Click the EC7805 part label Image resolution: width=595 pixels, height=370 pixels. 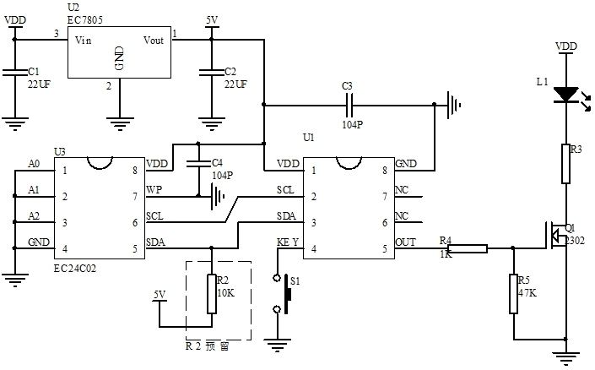pyautogui.click(x=85, y=20)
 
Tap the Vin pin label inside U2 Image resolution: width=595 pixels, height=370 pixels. pyautogui.click(x=83, y=40)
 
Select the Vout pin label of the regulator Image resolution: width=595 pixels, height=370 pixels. pyautogui.click(x=154, y=40)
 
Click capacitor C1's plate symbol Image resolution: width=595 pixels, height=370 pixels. pyautogui.click(x=15, y=72)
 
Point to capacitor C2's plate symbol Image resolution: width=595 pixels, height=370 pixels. pyautogui.click(x=212, y=72)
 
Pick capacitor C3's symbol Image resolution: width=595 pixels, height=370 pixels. pyautogui.click(x=350, y=105)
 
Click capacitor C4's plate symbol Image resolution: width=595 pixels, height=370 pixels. pyautogui.click(x=198, y=163)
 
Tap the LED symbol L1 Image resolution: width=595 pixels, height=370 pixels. pyautogui.click(x=569, y=95)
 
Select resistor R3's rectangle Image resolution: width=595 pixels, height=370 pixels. pyautogui.click(x=565, y=164)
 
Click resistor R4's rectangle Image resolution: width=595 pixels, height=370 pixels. pyautogui.click(x=468, y=249)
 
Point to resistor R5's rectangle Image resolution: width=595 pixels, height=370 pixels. pyautogui.click(x=513, y=294)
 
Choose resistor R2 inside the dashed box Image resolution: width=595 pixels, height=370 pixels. pyautogui.click(x=212, y=294)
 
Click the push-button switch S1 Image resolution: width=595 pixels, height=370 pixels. pyautogui.click(x=283, y=294)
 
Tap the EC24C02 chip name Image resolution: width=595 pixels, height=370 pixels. pyautogui.click(x=75, y=269)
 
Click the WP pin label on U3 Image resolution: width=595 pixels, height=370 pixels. pyautogui.click(x=154, y=189)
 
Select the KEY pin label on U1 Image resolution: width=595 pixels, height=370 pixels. pyautogui.click(x=288, y=242)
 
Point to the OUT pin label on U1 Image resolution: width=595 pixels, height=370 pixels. pyautogui.click(x=406, y=242)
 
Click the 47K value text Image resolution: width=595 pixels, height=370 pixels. pyautogui.click(x=527, y=293)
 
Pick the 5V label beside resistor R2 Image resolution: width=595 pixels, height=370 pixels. pyautogui.click(x=160, y=295)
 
